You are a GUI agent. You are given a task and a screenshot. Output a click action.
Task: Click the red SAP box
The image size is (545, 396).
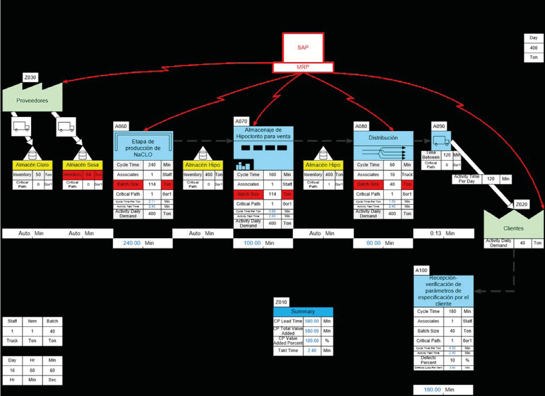click(303, 47)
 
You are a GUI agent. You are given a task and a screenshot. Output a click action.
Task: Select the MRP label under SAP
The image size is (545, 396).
click(303, 67)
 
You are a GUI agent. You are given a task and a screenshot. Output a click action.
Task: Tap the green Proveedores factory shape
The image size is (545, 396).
click(32, 100)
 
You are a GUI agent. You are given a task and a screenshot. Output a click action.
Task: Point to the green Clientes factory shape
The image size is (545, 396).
click(513, 228)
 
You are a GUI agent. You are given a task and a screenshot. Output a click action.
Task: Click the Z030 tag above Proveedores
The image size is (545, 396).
click(30, 78)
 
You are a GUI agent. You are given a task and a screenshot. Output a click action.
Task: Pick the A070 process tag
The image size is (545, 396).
click(241, 121)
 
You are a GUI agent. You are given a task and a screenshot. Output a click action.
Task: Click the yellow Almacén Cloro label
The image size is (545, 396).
click(32, 165)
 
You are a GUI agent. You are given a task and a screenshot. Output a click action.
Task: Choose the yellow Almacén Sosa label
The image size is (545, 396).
click(82, 165)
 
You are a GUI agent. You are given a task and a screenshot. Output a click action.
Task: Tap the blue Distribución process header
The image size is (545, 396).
click(383, 138)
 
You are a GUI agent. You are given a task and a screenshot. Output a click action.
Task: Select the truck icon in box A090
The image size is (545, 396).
click(441, 141)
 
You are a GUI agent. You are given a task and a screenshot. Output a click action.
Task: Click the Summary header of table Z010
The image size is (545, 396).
click(303, 312)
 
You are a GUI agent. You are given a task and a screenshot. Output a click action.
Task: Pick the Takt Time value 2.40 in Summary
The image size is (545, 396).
click(312, 350)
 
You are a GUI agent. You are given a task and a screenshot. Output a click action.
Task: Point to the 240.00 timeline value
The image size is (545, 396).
click(132, 243)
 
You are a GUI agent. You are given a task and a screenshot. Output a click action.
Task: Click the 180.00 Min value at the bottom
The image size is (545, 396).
click(432, 390)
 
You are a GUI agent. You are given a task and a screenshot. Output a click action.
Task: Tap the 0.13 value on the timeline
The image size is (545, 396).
click(435, 233)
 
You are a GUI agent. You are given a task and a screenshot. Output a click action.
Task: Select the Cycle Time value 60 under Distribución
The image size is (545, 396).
click(392, 165)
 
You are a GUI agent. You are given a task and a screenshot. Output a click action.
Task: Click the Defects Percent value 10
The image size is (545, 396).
click(452, 360)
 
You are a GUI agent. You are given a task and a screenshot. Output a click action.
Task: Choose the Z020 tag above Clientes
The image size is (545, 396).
click(521, 205)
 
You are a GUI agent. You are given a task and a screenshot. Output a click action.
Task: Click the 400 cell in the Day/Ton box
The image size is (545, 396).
click(534, 48)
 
